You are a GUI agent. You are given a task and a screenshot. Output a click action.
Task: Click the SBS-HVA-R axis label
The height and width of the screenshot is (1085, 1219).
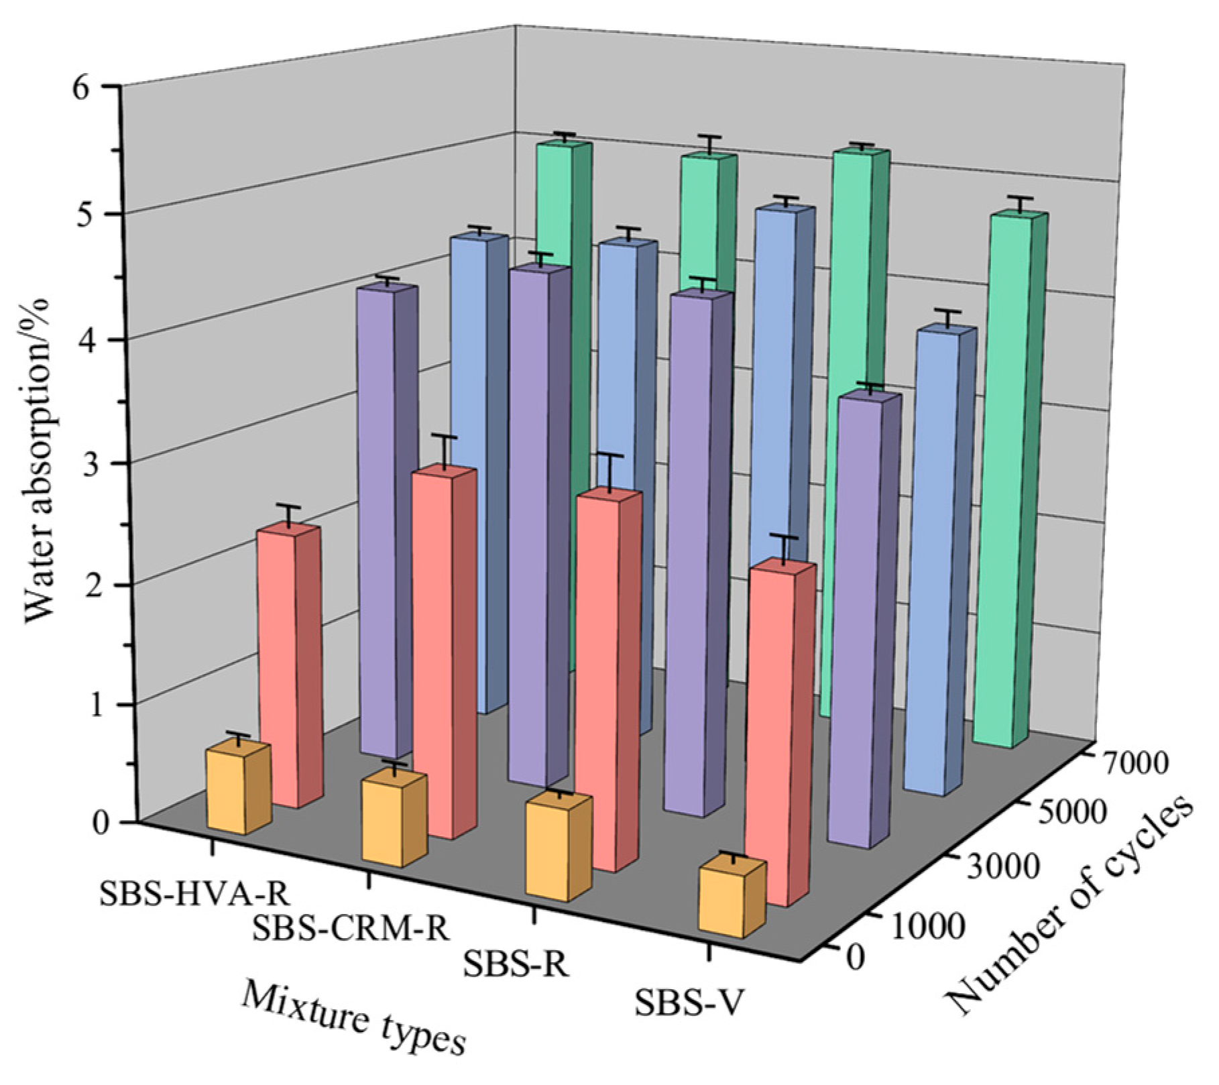(194, 893)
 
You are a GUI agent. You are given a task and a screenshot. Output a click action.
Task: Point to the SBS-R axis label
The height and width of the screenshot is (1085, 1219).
(516, 965)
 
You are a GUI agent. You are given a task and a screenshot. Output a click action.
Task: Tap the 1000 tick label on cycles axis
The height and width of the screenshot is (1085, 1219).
(928, 926)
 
